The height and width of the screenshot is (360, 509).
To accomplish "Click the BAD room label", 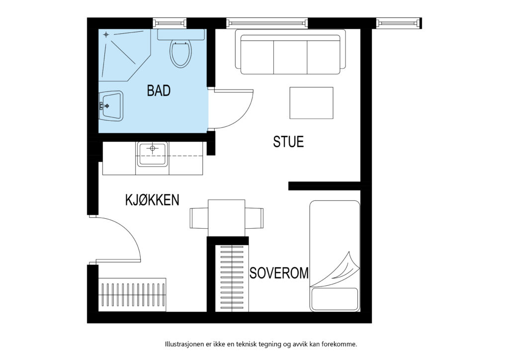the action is coord(159,90).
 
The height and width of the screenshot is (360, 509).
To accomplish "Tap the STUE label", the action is coord(288,142).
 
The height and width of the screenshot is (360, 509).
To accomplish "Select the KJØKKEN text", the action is coord(152,200).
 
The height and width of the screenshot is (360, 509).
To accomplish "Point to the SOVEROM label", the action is coord(279,273).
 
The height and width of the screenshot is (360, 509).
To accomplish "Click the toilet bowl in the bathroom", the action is coord(180,54).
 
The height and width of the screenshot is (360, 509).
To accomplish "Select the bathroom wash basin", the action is coord(111,106).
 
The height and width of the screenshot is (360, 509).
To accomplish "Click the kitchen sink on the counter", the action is coord(152,154).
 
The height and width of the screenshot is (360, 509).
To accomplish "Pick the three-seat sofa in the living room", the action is coord(290,52).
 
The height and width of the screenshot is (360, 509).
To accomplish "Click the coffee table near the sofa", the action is coord(311,103).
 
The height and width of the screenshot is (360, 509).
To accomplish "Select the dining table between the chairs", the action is coord(227,218).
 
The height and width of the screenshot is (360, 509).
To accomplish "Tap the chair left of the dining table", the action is coord(199,218).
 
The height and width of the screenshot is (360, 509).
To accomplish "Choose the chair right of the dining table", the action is coord(254,218).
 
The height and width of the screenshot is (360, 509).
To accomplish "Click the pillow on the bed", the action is coord(335,299).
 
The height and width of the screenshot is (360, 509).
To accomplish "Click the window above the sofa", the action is coord(267,23).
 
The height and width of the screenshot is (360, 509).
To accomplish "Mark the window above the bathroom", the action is coord(170,23).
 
